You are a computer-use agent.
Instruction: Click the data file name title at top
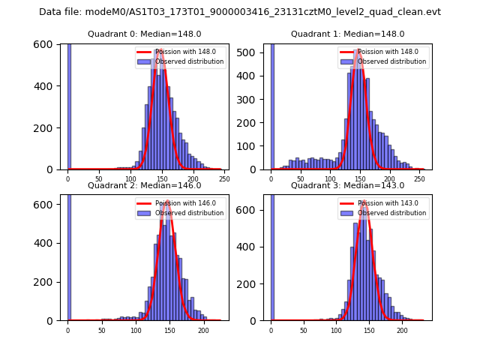[240, 12]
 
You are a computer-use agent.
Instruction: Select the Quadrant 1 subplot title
[348, 34]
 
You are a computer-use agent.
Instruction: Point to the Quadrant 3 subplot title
[348, 185]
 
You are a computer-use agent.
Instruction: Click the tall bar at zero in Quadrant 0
[69, 105]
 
